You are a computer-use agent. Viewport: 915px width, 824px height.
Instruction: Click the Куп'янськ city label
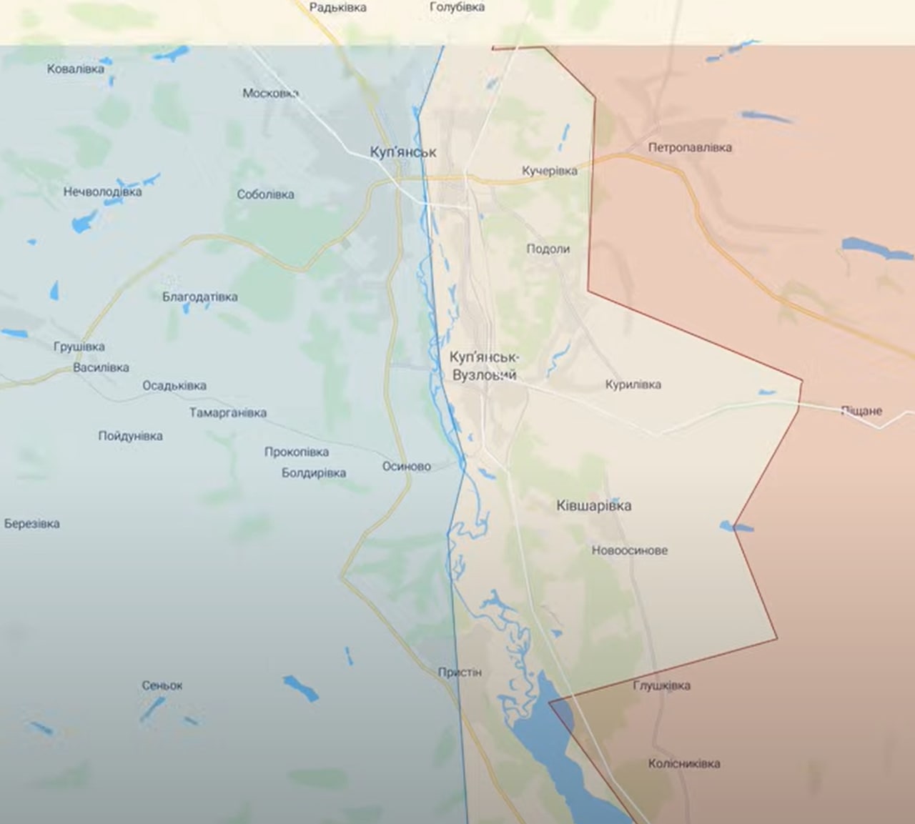(x=403, y=152)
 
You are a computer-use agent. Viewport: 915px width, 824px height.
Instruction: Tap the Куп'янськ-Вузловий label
(x=485, y=366)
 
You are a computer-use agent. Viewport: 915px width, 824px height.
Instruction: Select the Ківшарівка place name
(x=593, y=506)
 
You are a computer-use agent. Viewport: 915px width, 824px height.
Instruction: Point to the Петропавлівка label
(x=690, y=148)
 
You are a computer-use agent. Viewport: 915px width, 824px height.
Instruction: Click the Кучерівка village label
(x=549, y=171)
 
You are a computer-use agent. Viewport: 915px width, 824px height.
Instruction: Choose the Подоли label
(x=548, y=249)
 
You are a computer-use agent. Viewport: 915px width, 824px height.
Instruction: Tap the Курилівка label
(x=633, y=384)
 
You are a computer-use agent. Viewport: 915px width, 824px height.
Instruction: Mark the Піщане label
(x=861, y=411)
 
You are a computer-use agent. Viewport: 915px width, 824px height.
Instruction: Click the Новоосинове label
(x=629, y=550)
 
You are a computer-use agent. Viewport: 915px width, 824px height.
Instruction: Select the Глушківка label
(x=661, y=686)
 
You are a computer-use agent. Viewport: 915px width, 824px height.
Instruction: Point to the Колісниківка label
(x=683, y=763)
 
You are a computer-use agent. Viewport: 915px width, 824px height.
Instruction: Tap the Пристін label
(x=460, y=672)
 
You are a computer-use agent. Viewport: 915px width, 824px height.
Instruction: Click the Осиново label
(x=406, y=467)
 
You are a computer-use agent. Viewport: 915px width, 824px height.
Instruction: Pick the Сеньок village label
(x=162, y=685)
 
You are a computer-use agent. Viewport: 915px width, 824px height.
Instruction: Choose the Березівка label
(x=31, y=524)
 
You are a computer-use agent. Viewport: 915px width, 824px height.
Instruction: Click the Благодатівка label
(x=199, y=297)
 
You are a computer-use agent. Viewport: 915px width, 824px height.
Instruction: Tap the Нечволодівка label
(x=102, y=192)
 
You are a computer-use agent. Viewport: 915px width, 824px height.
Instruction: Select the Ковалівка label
(x=75, y=69)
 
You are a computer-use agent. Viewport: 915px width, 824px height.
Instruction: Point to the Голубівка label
(x=457, y=7)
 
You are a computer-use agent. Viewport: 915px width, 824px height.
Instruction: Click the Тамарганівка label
(x=227, y=413)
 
